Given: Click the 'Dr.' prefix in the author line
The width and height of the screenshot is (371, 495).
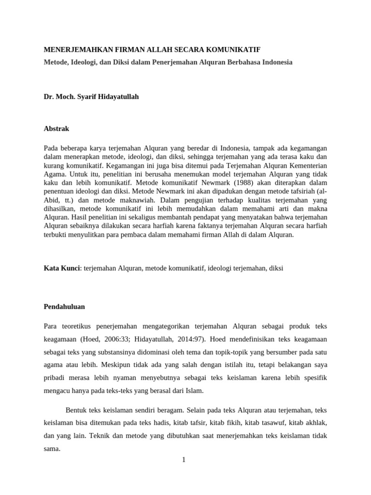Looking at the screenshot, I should point(49,97).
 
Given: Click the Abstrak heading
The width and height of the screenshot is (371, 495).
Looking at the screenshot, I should point(57,129).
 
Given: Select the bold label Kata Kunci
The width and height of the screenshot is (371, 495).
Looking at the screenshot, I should point(61,267).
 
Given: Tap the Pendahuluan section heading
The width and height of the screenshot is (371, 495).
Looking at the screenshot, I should point(65,306).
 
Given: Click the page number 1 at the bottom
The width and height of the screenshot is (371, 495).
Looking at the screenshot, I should point(184,460).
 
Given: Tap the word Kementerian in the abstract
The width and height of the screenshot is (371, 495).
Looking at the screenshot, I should point(307,165).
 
